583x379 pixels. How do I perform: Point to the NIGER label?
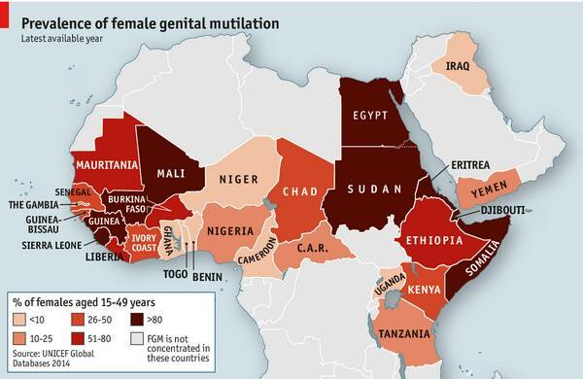pos(237,179)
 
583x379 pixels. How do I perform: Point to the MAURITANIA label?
pos(99,165)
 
